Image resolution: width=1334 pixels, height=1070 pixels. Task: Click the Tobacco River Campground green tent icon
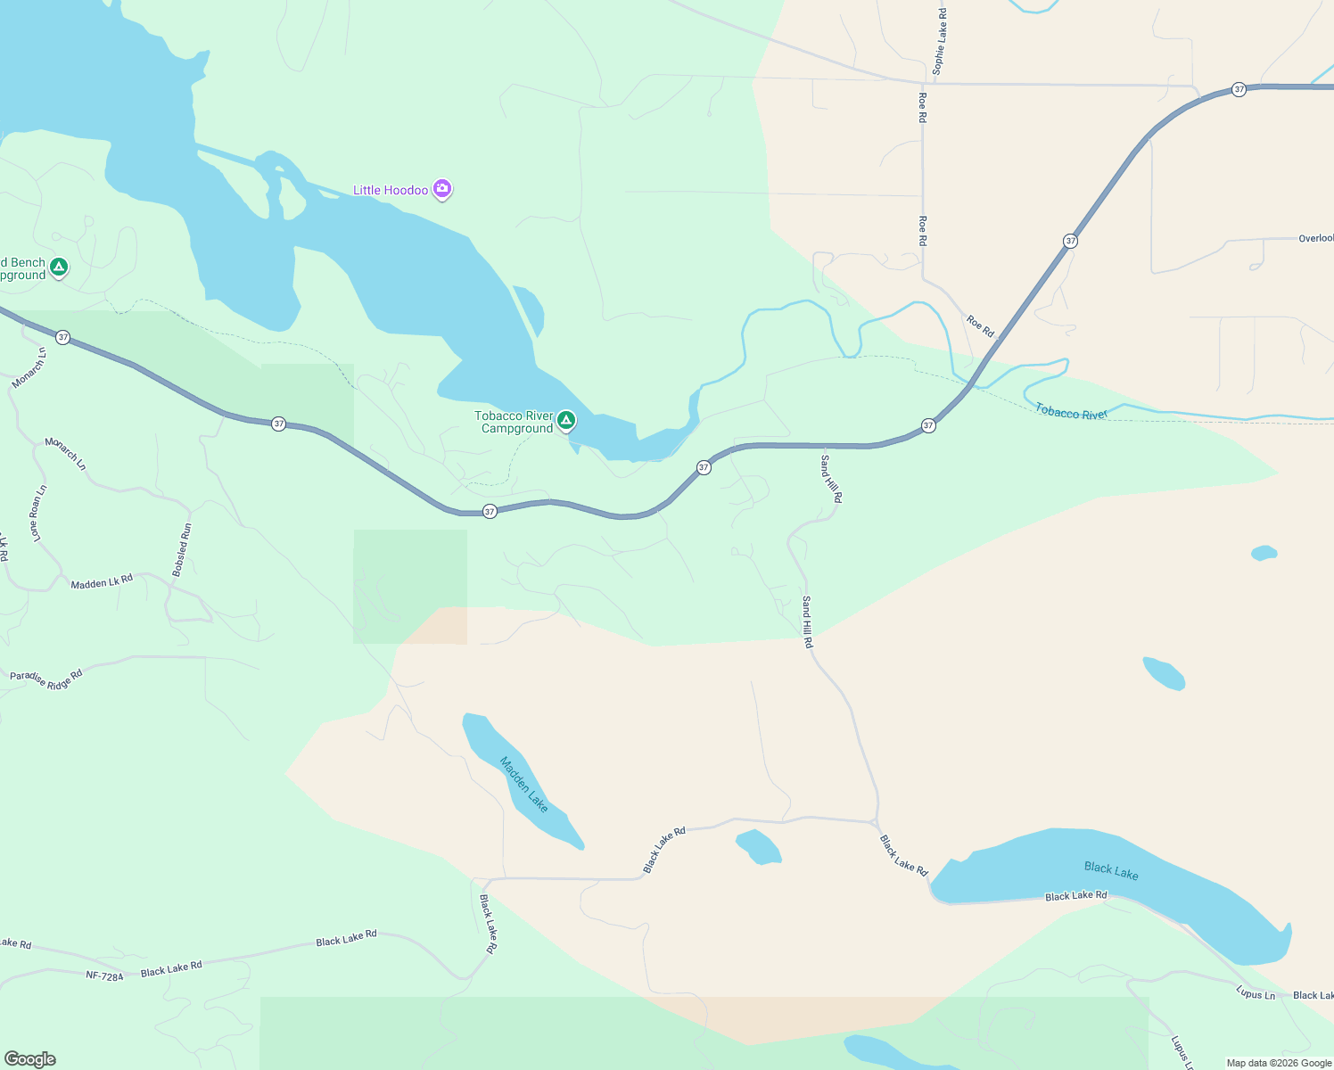(565, 420)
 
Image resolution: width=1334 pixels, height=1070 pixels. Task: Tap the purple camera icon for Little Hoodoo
(442, 189)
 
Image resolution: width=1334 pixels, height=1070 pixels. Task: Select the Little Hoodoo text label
(391, 190)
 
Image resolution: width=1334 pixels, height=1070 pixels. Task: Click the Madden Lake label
(523, 784)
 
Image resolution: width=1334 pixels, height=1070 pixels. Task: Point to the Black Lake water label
(1111, 870)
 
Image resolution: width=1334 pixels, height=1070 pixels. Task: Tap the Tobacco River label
(1070, 413)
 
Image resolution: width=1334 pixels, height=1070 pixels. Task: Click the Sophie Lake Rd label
(940, 41)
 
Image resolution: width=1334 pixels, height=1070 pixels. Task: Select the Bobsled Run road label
(182, 549)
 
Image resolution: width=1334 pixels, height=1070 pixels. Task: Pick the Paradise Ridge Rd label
(46, 679)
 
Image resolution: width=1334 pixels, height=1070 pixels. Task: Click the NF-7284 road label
(104, 975)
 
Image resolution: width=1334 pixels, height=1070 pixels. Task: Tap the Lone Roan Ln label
(37, 514)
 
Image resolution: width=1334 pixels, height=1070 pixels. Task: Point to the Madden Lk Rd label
(102, 582)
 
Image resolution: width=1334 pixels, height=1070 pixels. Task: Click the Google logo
(30, 1059)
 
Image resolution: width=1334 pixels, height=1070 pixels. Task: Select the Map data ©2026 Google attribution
(1279, 1063)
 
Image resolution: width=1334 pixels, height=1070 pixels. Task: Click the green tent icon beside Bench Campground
(59, 267)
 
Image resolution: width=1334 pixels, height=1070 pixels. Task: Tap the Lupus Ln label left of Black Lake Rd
(1255, 993)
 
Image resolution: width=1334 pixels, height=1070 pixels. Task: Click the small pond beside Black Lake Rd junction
(759, 846)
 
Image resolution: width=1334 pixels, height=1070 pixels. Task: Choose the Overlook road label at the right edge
(1315, 238)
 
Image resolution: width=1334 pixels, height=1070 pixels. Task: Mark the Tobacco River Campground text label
(514, 422)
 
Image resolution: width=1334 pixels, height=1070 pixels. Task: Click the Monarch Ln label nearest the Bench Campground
(29, 367)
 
